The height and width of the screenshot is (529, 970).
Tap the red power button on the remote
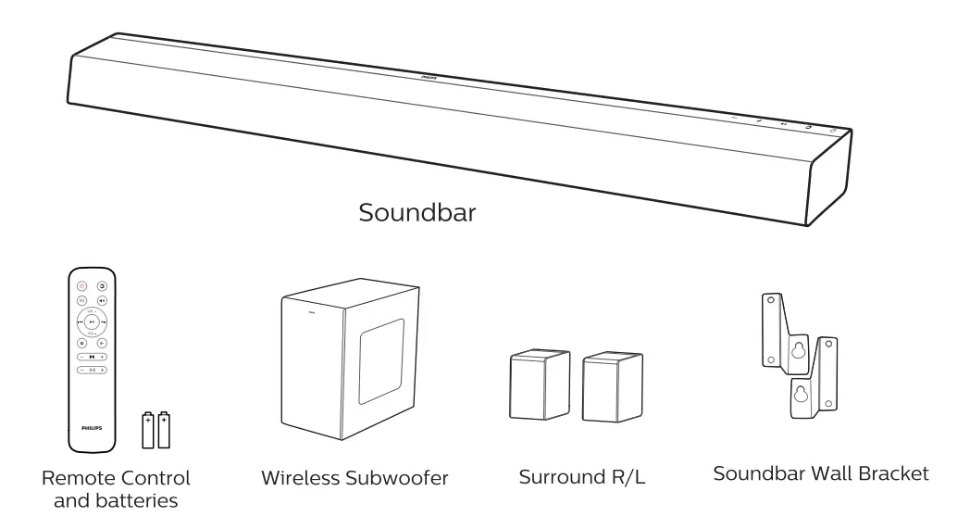(x=81, y=287)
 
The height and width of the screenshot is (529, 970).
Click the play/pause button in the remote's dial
(x=92, y=321)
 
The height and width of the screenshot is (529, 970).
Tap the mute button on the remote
(x=102, y=301)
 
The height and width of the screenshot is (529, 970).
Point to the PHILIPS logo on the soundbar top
(x=429, y=81)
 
